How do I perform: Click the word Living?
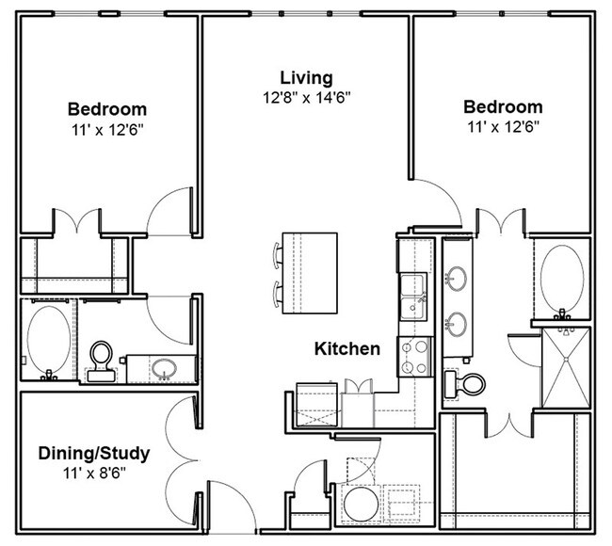(x=306, y=77)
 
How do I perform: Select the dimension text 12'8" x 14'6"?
(x=307, y=96)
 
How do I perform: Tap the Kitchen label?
(x=347, y=349)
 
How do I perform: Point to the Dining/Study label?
(x=94, y=454)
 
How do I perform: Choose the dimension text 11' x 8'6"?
(x=94, y=473)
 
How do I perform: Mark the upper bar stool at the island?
(x=277, y=253)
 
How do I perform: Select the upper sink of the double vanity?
(x=458, y=278)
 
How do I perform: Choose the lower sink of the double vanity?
(x=458, y=323)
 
